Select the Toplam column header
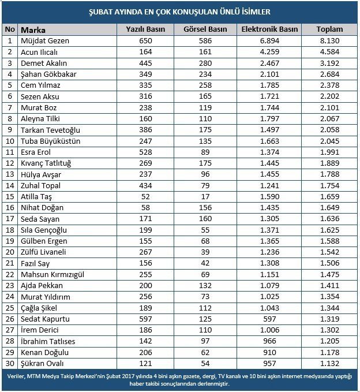pos(329,29)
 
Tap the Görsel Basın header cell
pos(205,29)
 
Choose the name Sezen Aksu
pos(40,96)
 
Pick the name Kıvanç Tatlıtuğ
pos(46,163)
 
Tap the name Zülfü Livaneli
pos(44,252)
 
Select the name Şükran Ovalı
pos(43,364)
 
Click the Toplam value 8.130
pos(329,40)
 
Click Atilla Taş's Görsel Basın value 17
pos(205,197)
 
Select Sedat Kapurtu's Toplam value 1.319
pos(329,319)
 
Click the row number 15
pos(10,197)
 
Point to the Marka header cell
pos(33,29)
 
